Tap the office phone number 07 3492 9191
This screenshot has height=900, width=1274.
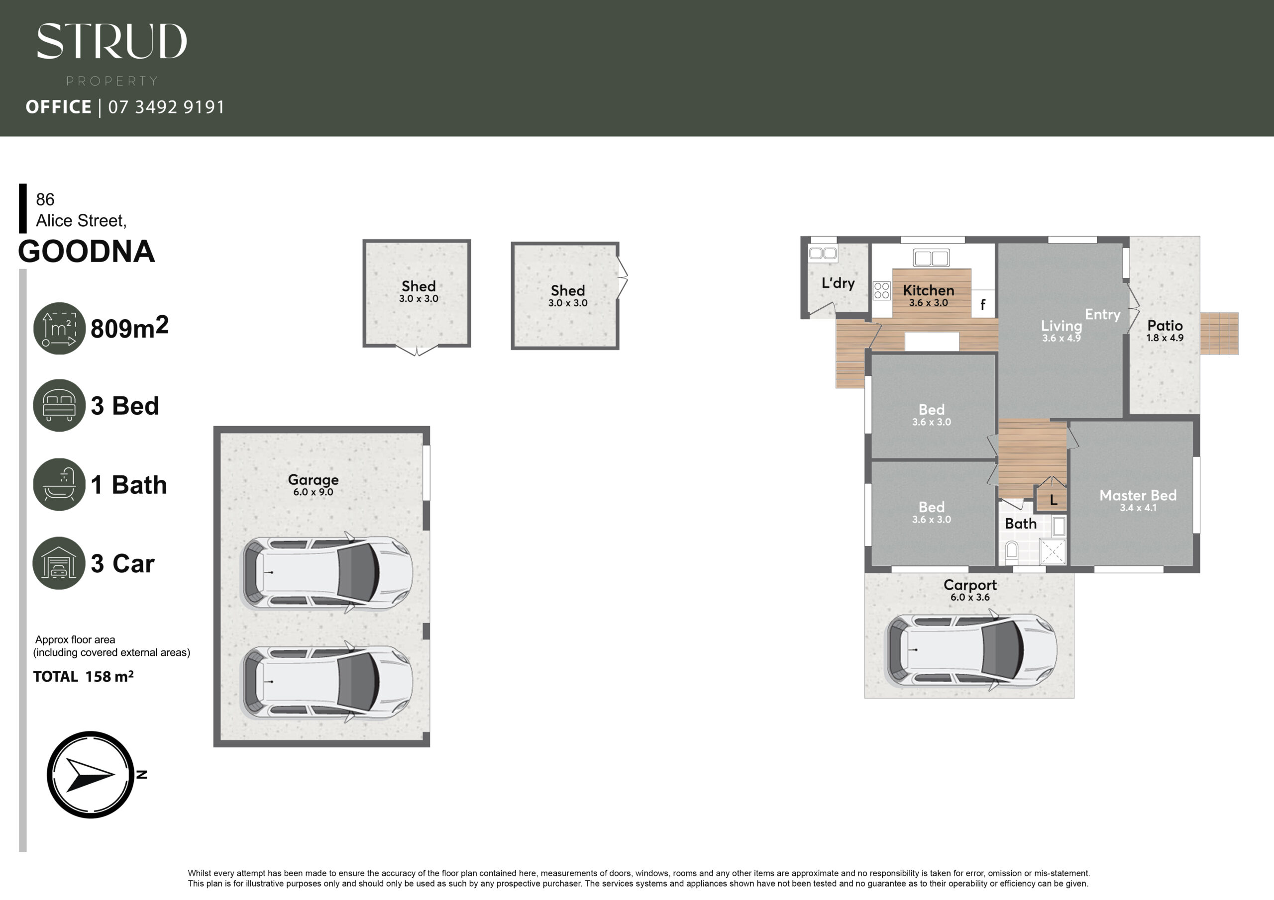click(x=166, y=106)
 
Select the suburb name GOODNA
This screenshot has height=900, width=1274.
click(x=87, y=251)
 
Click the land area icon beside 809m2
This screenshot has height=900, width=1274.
click(x=59, y=328)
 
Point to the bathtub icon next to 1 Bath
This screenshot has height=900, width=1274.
click(x=59, y=484)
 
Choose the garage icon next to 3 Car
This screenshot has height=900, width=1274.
click(x=59, y=563)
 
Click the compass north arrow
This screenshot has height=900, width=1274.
click(x=91, y=775)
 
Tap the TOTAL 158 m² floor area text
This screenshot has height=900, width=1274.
click(x=83, y=677)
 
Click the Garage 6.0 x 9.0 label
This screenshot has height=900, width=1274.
click(x=313, y=485)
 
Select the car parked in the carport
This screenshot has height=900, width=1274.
click(x=971, y=650)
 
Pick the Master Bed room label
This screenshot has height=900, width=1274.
click(x=1138, y=500)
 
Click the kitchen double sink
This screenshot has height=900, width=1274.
click(x=931, y=258)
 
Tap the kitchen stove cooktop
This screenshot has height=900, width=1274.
click(x=882, y=290)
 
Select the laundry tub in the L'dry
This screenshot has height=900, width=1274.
click(x=823, y=254)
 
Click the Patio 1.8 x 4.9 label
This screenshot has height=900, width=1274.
click(x=1165, y=331)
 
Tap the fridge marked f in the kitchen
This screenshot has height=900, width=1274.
click(x=983, y=304)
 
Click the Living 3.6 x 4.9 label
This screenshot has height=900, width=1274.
click(x=1061, y=331)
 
